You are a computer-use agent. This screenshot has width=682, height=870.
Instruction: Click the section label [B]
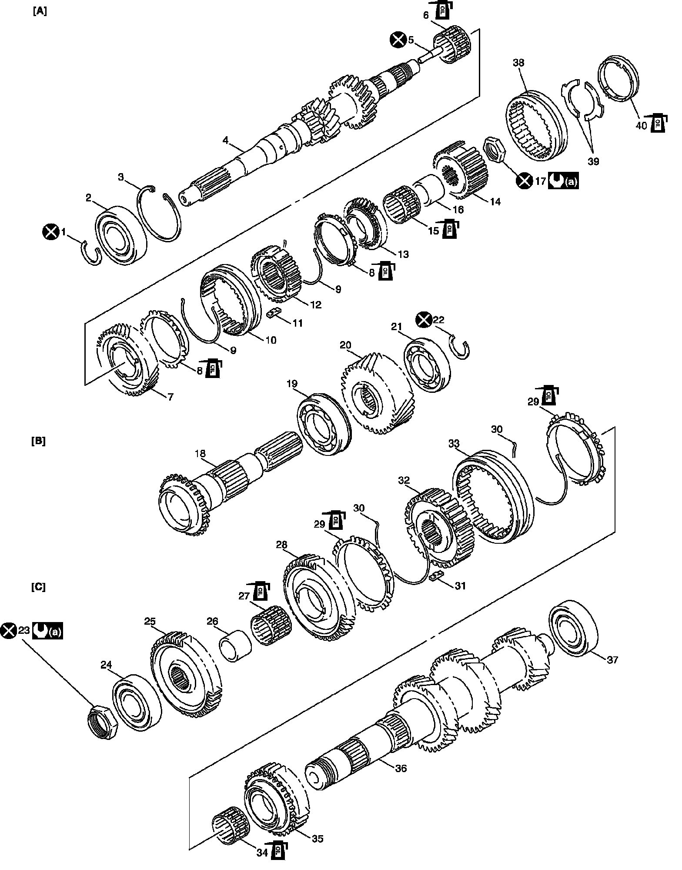click(x=38, y=441)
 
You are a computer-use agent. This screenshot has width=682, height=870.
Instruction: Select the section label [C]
click(x=38, y=587)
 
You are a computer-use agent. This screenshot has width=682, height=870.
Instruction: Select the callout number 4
click(x=225, y=140)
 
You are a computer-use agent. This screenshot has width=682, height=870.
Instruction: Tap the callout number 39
click(x=593, y=161)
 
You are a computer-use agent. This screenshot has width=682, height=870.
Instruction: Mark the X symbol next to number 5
click(x=397, y=40)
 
